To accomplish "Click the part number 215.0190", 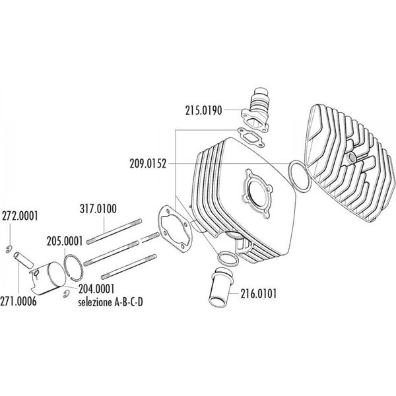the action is [203, 111].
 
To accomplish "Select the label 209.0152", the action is [148, 164].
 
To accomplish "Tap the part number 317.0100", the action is [98, 209].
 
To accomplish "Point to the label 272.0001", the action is [20, 216].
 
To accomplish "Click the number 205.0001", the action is [65, 241].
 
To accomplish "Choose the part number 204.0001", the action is [96, 289].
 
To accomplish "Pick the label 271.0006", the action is [18, 302].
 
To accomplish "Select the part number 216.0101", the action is [258, 294].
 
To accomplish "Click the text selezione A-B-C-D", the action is [110, 302].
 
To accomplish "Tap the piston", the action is [48, 279].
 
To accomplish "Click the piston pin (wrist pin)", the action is [24, 259].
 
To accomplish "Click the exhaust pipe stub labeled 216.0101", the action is [221, 287].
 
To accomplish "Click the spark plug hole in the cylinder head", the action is [351, 158].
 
